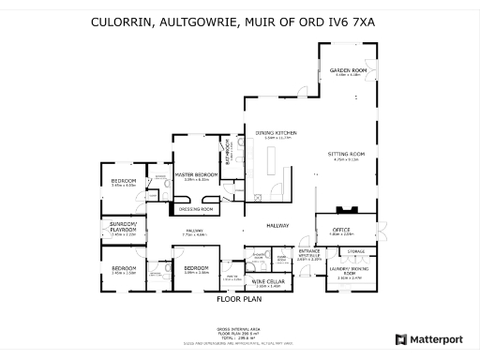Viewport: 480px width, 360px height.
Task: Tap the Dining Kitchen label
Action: (274, 134)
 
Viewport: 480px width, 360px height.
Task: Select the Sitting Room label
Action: (346, 154)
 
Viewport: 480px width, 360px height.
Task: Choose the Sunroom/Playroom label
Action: (124, 226)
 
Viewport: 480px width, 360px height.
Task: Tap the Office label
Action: (340, 229)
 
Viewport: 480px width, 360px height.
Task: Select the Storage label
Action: (356, 251)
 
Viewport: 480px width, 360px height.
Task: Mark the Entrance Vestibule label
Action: (309, 253)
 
